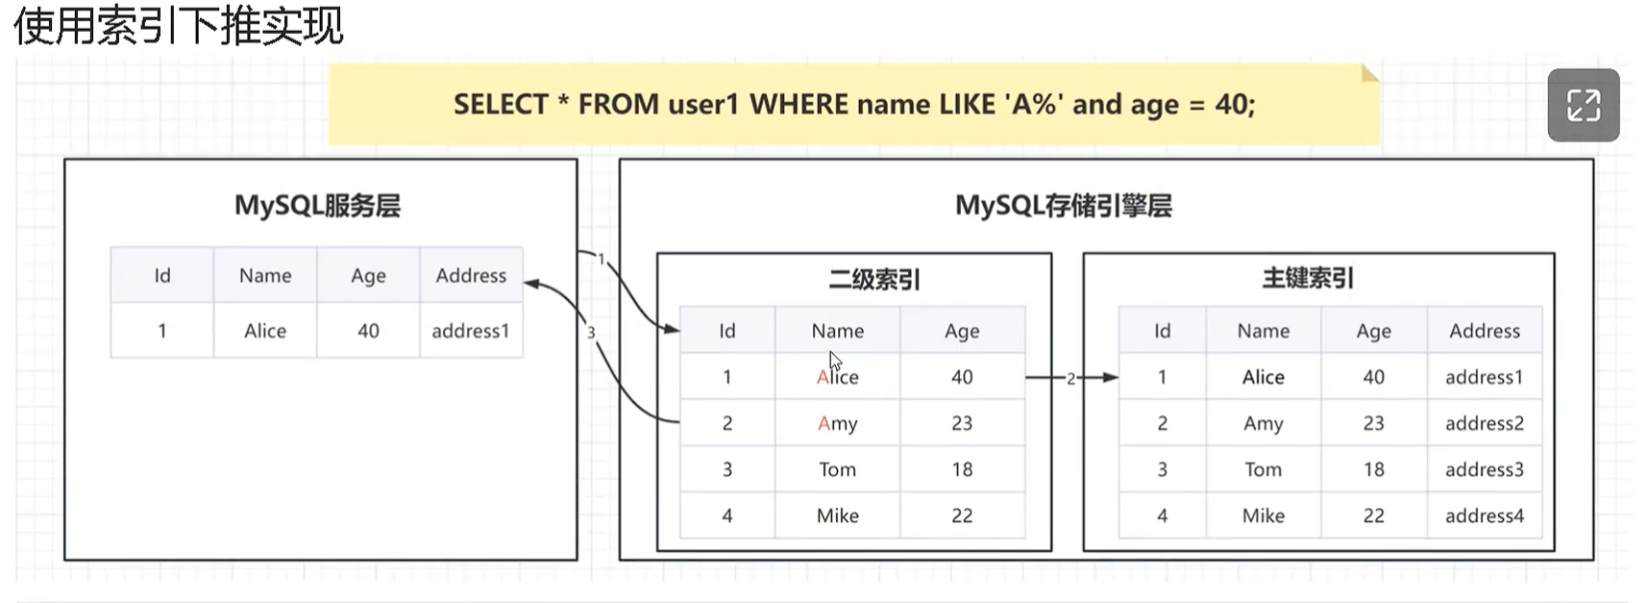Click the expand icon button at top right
(x=1583, y=105)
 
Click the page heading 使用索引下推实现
(x=178, y=26)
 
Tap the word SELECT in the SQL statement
(x=500, y=104)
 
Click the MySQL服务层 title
(x=317, y=206)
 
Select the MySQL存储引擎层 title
(x=1063, y=206)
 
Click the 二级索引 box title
(x=873, y=280)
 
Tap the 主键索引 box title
(x=1308, y=279)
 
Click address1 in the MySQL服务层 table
(x=470, y=331)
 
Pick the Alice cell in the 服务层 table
(x=265, y=331)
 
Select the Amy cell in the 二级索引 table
(x=837, y=423)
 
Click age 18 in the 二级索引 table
(x=962, y=469)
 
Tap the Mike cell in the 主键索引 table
(x=1263, y=515)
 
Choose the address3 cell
(x=1484, y=469)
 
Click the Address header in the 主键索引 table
(x=1484, y=331)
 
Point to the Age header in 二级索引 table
(x=962, y=331)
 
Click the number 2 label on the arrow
(x=1070, y=379)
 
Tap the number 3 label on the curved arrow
(x=591, y=333)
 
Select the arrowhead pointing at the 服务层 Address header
(x=531, y=284)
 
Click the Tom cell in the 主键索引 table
(x=1263, y=469)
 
